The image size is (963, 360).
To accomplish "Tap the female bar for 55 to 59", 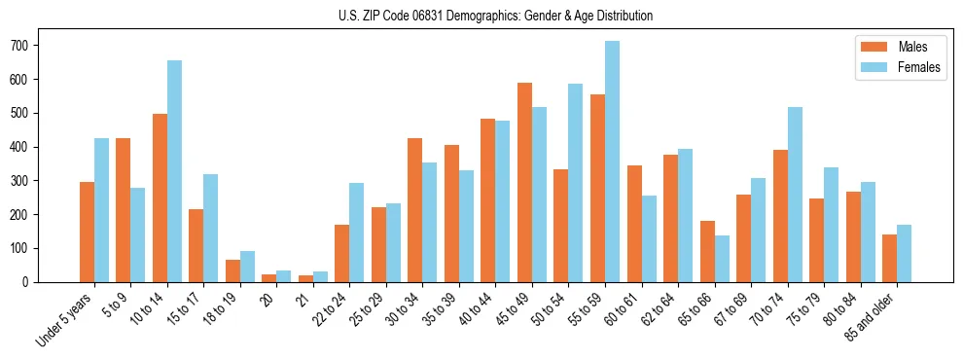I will (x=612, y=162).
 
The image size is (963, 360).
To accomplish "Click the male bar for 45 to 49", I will (x=524, y=183).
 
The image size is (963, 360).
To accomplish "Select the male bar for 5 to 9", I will (x=124, y=210).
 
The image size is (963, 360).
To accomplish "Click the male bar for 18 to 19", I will (x=232, y=271).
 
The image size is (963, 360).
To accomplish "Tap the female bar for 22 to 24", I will (x=357, y=233).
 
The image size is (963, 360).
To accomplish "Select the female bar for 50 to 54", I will (x=576, y=183).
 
